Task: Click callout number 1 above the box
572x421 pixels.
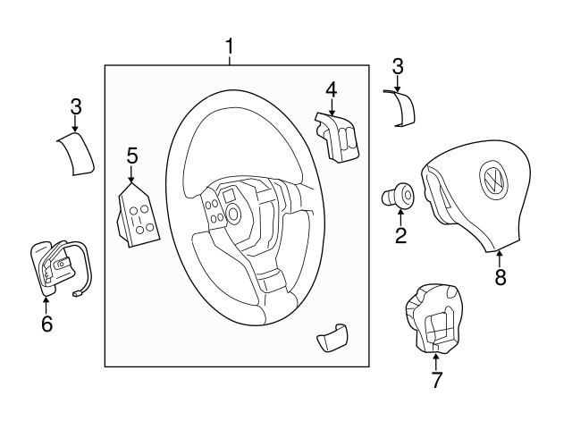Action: [230, 46]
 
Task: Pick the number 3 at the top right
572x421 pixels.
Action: [398, 66]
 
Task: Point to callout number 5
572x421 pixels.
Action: [132, 156]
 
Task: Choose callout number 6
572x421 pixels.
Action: [46, 323]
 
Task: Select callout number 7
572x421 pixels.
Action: [435, 380]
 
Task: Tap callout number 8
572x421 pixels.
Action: [500, 277]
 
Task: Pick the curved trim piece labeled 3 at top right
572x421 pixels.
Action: [401, 108]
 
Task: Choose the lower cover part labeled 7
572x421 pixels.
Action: [433, 318]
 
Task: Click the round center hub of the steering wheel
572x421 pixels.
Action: [234, 214]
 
